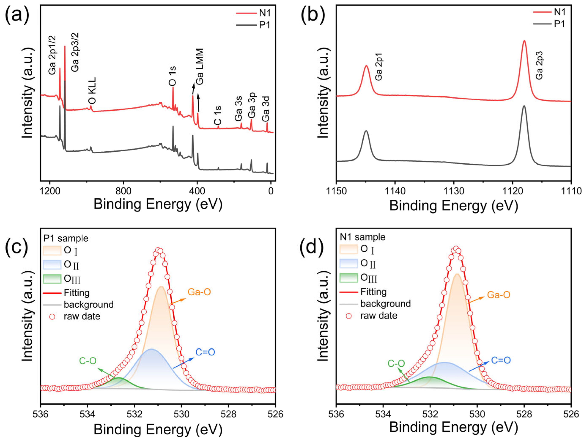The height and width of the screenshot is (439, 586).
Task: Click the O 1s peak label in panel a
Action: click(173, 76)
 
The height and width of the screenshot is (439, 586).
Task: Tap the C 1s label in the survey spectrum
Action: click(218, 115)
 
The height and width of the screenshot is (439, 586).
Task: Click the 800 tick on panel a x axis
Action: click(123, 191)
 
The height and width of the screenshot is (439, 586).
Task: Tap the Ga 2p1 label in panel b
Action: click(379, 70)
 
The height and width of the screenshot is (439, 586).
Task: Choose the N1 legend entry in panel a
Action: click(264, 13)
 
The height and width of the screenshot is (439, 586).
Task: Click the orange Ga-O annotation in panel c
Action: click(199, 292)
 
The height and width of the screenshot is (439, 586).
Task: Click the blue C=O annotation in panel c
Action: click(205, 352)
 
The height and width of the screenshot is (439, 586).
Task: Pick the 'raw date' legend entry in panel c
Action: click(82, 316)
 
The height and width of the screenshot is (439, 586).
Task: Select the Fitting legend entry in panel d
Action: click(373, 292)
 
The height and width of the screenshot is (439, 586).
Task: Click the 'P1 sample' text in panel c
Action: click(66, 238)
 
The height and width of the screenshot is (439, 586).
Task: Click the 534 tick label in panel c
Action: click(88, 414)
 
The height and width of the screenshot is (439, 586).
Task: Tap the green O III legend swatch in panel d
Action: click(348, 278)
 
